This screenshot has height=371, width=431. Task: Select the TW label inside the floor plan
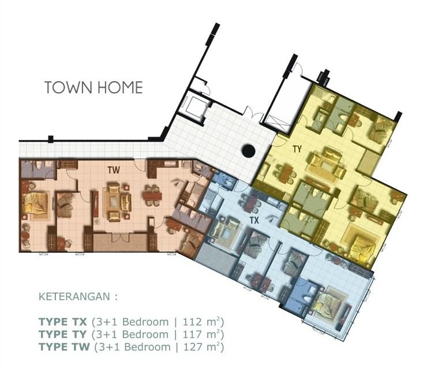tap(114, 171)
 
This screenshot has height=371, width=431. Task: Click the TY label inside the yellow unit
tap(297, 149)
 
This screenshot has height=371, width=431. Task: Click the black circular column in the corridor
tap(248, 152)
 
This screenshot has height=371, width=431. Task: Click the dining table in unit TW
tap(152, 196)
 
